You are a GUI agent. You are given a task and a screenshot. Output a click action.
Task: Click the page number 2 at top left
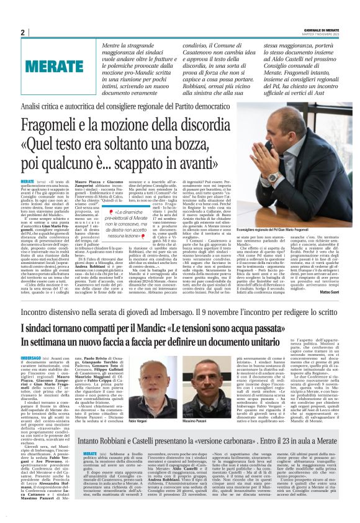click(x=22, y=32)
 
